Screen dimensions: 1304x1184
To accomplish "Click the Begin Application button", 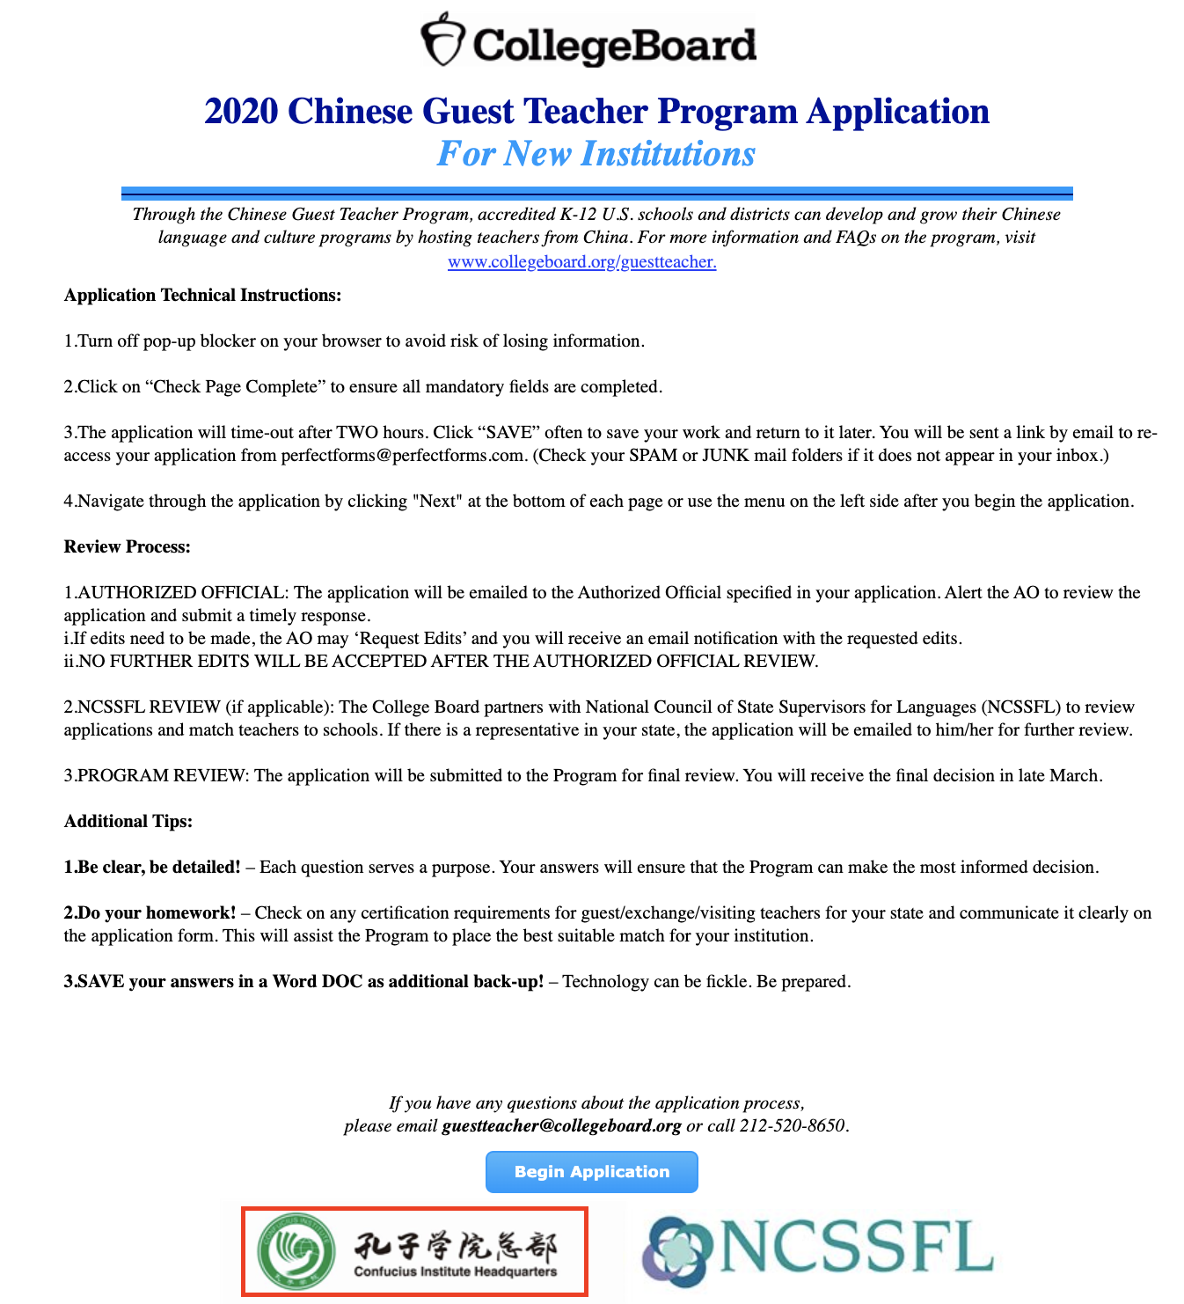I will pyautogui.click(x=591, y=1172).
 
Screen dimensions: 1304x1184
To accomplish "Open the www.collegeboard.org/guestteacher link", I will pyautogui.click(x=581, y=262).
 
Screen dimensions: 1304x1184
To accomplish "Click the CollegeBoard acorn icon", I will pyautogui.click(x=442, y=39).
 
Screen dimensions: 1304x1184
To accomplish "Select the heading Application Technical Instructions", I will pyautogui.click(x=202, y=296).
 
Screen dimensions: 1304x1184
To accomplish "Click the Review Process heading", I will pyautogui.click(x=127, y=547).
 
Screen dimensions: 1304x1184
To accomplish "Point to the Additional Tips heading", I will pyautogui.click(x=128, y=822).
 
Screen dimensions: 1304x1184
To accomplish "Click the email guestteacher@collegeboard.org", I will pyautogui.click(x=561, y=1126).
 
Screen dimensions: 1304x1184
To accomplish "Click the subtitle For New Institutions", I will pyautogui.click(x=596, y=154).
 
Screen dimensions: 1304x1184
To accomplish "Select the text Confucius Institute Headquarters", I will pyautogui.click(x=455, y=1271).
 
